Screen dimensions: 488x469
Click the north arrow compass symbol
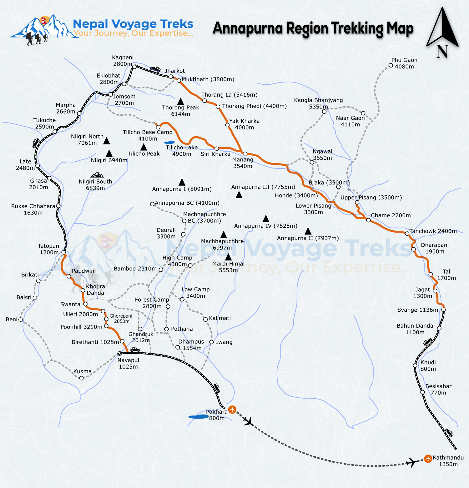[442, 31]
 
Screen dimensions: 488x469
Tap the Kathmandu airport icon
[428, 459]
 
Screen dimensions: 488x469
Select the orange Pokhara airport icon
[232, 409]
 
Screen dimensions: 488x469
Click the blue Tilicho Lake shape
[169, 143]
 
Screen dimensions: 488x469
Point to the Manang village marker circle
[245, 154]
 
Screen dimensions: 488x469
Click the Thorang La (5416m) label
[229, 95]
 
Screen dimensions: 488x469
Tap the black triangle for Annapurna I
[182, 182]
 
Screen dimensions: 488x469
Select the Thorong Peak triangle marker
[180, 101]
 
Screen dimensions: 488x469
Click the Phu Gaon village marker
[391, 65]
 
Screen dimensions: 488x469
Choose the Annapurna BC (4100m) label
[187, 203]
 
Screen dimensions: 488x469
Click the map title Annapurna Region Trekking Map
[313, 28]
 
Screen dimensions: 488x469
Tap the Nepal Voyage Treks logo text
[133, 24]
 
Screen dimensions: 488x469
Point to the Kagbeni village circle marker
[134, 67]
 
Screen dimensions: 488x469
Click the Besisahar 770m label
[438, 389]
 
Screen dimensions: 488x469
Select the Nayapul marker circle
[119, 354]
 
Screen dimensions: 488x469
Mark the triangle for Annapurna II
[308, 231]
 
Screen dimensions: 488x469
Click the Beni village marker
[21, 319]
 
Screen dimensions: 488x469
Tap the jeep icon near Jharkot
[155, 69]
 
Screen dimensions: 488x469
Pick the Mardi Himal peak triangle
[229, 257]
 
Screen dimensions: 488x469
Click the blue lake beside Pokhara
[198, 417]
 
